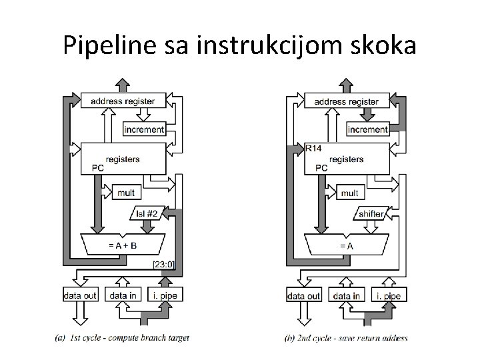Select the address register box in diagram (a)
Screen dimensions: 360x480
[x=123, y=101]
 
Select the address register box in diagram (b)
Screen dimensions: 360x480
[x=347, y=101]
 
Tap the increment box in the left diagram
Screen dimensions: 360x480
[x=144, y=129]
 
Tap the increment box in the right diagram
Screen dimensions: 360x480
[x=368, y=129]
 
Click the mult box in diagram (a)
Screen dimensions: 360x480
[x=125, y=193]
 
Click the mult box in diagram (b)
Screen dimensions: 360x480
[x=349, y=193]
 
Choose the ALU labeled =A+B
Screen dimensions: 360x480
[x=123, y=245]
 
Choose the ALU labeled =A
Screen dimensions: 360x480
[x=347, y=245]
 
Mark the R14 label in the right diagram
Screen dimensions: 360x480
[x=312, y=147]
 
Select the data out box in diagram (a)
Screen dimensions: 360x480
[x=80, y=295]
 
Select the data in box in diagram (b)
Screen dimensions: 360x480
[x=347, y=295]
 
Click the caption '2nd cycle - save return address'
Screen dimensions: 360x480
[x=346, y=338]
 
